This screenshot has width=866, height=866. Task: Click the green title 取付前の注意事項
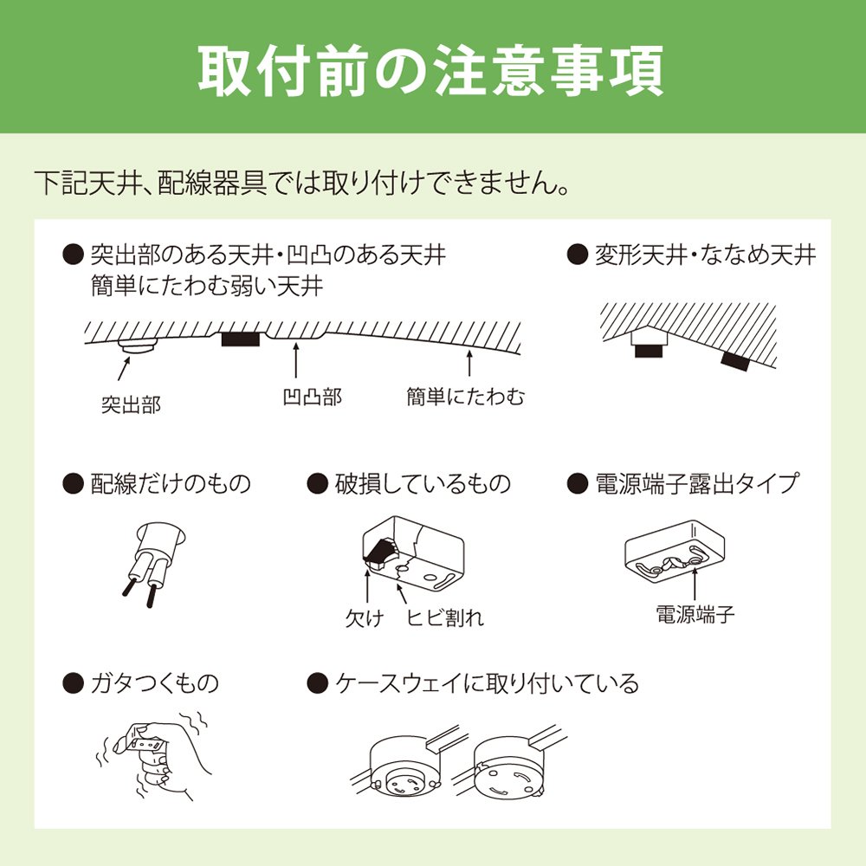pos(430,71)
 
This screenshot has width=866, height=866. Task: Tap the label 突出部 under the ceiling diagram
pos(131,405)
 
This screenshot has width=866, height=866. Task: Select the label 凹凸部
pos(313,397)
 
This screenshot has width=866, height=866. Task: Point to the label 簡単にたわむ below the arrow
pos(466,397)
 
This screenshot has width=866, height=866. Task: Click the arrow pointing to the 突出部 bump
pos(124,368)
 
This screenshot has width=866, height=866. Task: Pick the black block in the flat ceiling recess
pos(240,339)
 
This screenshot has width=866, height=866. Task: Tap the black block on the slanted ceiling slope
pos(735,361)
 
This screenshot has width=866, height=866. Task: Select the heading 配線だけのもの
pos(171,484)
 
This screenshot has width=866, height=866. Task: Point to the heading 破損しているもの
pos(423,484)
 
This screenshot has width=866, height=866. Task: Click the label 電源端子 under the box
pos(695,614)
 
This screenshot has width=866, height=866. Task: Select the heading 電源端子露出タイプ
pos(697,484)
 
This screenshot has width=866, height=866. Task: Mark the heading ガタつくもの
pos(155,684)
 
